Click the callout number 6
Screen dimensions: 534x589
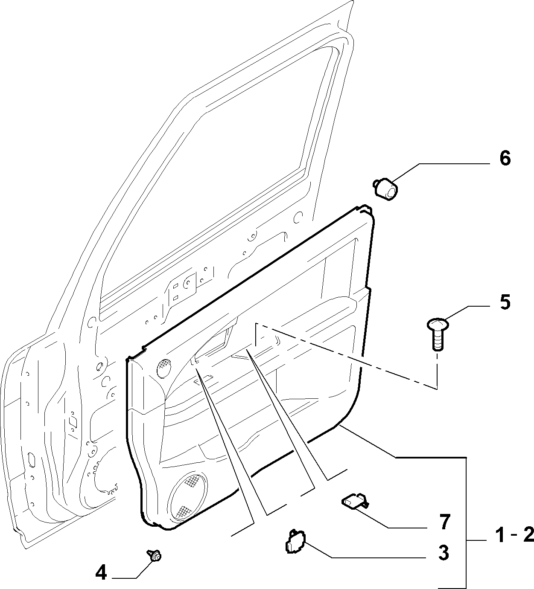point(505,159)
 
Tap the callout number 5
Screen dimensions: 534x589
point(505,302)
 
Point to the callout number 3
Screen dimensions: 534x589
point(444,553)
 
